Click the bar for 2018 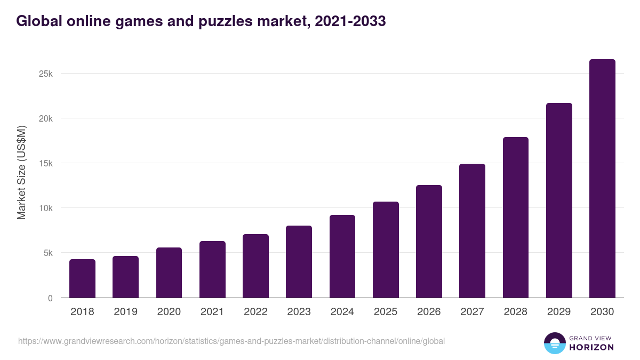(x=82, y=278)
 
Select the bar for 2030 (x=602, y=179)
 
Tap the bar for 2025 (x=386, y=250)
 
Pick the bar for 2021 (x=212, y=269)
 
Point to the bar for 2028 (x=516, y=218)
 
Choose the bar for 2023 (x=299, y=261)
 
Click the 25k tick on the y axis (x=46, y=74)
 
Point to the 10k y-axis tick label (x=46, y=208)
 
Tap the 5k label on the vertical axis (x=48, y=253)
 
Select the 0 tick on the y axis (x=50, y=298)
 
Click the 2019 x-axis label (x=125, y=312)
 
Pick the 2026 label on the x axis (x=429, y=312)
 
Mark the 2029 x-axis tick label (x=559, y=312)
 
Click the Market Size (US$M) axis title (x=21, y=173)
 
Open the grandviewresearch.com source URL (x=231, y=341)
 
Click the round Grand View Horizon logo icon (x=554, y=343)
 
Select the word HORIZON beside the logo (x=591, y=347)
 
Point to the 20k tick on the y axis (x=46, y=118)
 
